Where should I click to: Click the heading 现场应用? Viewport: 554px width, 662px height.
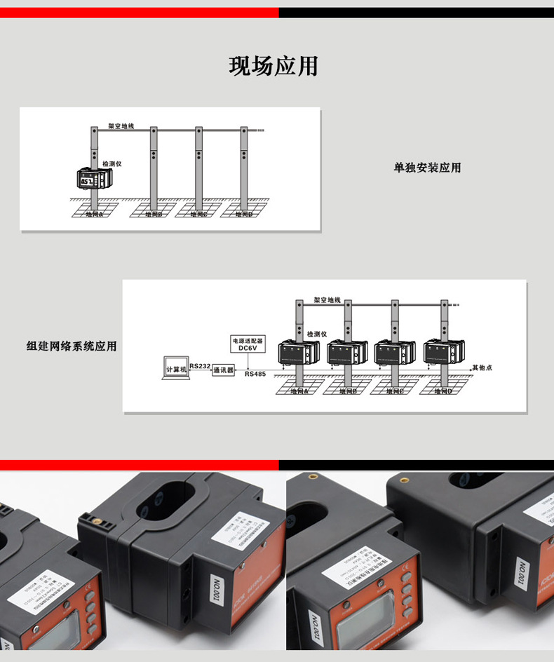click(x=273, y=66)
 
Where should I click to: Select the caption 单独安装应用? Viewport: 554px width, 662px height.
click(x=427, y=168)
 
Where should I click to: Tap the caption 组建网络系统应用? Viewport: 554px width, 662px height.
click(x=72, y=346)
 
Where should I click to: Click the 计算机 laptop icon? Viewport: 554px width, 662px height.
click(x=175, y=370)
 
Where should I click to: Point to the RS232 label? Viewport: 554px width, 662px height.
click(x=200, y=366)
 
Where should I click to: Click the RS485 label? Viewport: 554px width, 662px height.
click(x=255, y=374)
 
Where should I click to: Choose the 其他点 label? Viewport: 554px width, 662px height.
click(x=482, y=367)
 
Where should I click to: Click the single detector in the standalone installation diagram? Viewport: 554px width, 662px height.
click(x=93, y=180)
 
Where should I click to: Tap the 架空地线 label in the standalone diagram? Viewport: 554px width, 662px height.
click(x=121, y=126)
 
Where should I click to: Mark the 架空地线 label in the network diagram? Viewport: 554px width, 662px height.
click(x=327, y=299)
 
